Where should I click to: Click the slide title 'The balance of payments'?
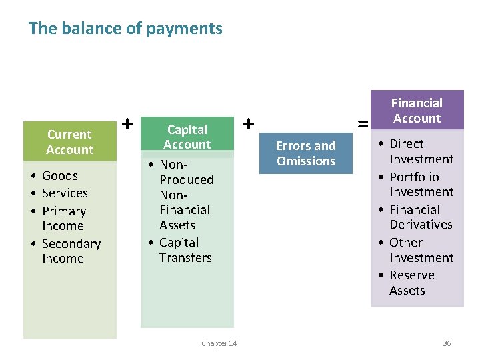125,29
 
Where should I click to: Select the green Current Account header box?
69,142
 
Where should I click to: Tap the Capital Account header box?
187,137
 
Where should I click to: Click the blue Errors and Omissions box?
306,153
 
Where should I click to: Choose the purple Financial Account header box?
417,111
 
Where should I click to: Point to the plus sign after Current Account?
127,123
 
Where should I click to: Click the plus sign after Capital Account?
249,123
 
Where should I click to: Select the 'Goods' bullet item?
59,176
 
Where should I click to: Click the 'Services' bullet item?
65,193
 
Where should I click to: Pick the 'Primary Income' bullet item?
63,219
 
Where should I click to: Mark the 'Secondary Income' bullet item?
70,251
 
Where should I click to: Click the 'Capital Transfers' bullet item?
185,250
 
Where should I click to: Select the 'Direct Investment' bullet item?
421,151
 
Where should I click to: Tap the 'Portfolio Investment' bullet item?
421,184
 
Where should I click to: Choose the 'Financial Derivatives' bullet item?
421,217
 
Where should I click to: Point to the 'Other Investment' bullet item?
421,250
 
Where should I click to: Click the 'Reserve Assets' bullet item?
411,283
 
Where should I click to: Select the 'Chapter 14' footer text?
219,343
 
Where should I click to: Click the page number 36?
447,343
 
